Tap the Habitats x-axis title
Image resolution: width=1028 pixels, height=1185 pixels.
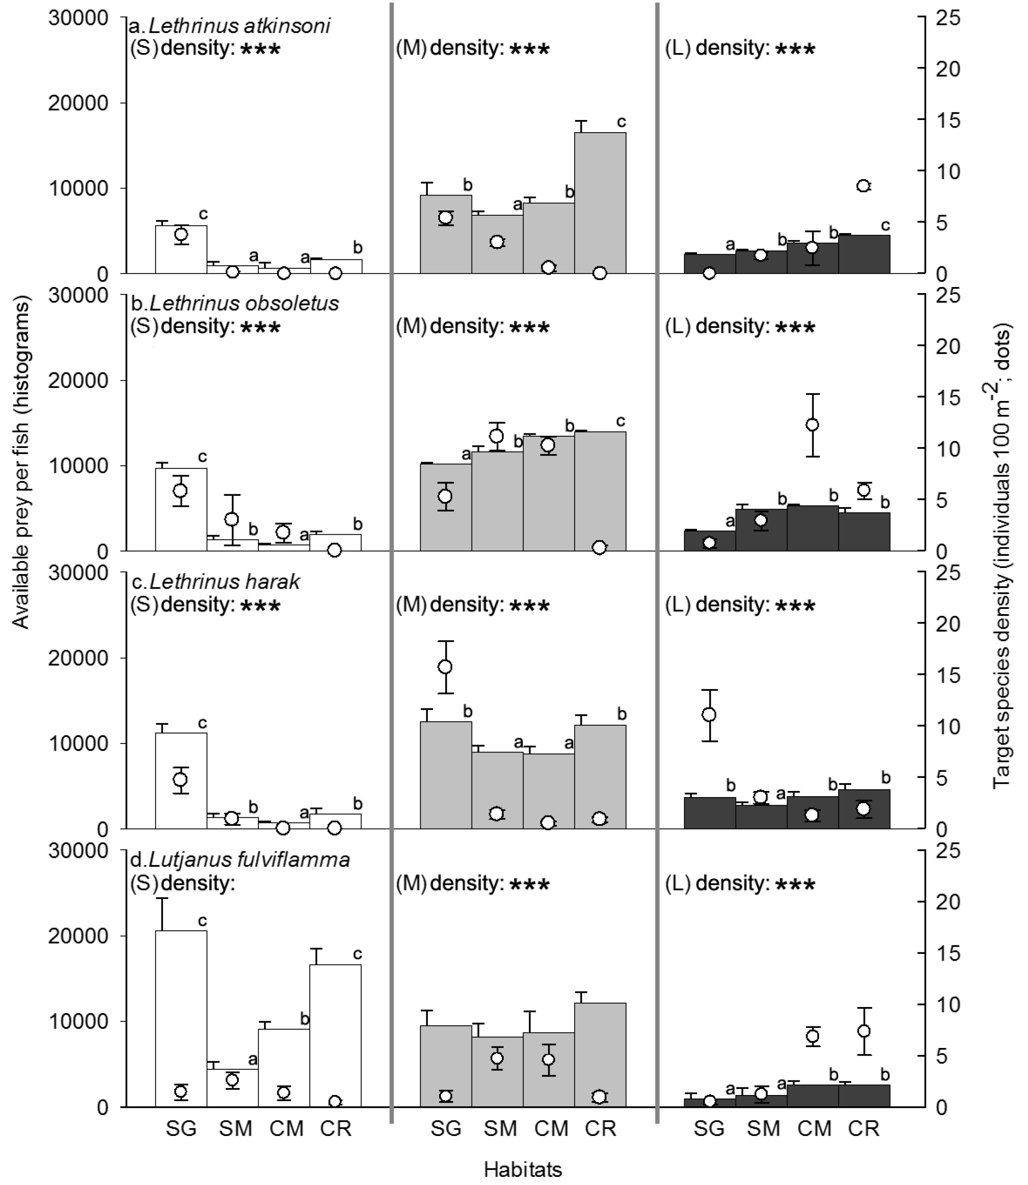coord(523,1168)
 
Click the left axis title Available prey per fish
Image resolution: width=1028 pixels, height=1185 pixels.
coord(21,462)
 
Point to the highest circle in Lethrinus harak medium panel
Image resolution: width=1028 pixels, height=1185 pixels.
coord(445,666)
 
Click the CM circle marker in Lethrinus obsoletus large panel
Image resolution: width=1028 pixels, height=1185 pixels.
coord(812,425)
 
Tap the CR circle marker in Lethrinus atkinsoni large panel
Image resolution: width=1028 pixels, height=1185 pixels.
coord(863,186)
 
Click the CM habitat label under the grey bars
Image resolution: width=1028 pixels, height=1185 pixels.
coord(551,1129)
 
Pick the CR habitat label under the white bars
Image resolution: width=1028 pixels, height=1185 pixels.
coord(336,1129)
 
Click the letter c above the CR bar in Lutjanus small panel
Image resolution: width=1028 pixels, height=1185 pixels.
coord(357,954)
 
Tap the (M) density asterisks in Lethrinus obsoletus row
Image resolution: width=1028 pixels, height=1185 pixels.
coord(530,328)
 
